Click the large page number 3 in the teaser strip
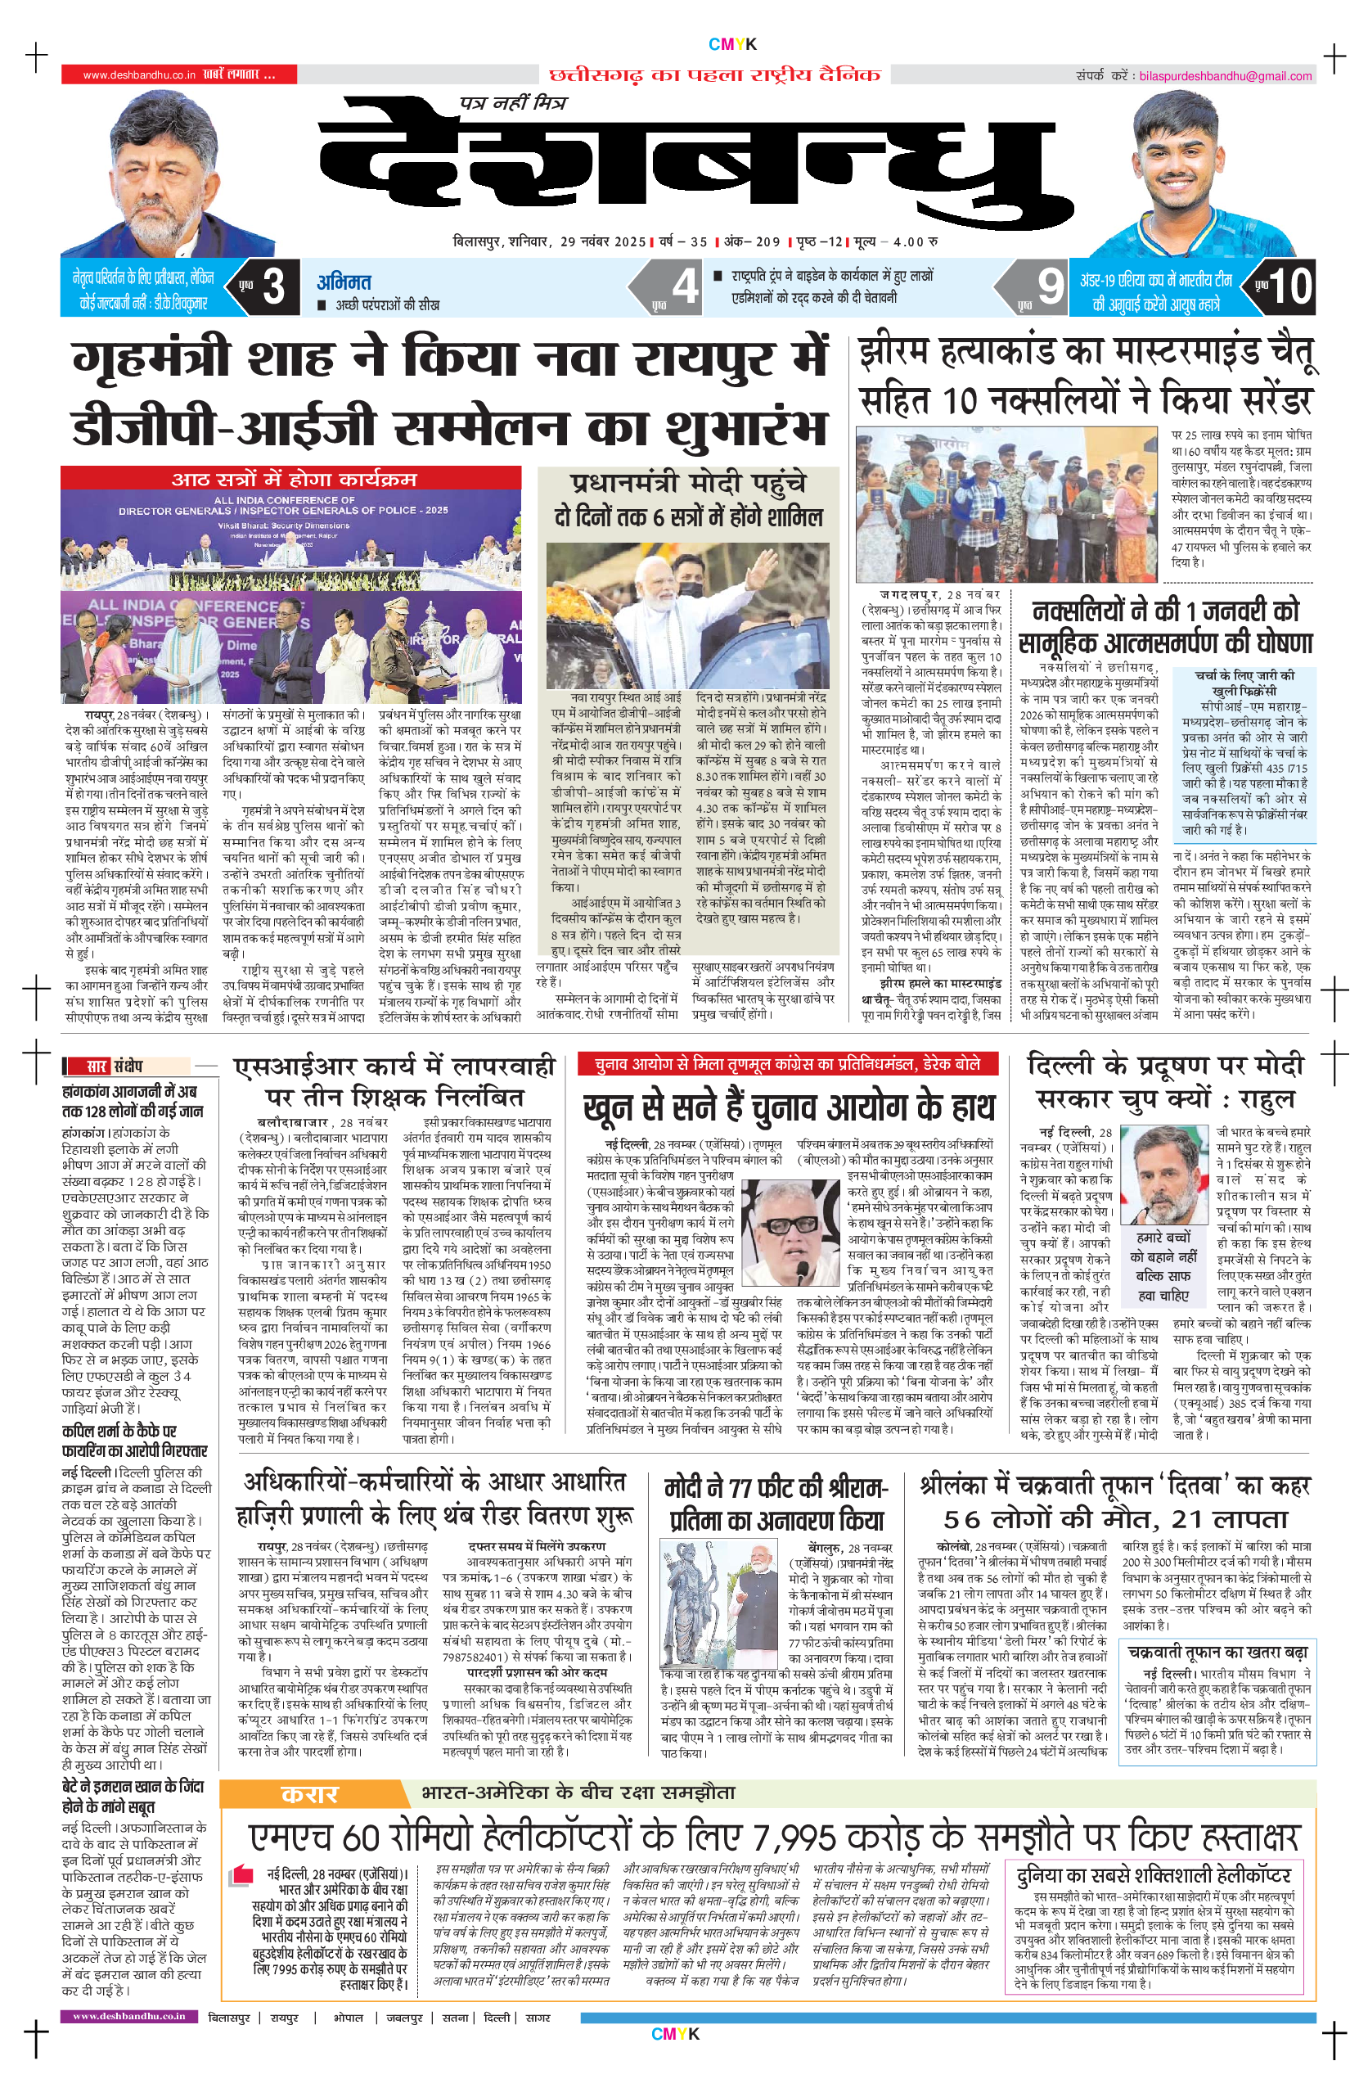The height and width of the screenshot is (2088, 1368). [272, 286]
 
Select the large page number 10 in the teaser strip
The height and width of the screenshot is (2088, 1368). [1289, 286]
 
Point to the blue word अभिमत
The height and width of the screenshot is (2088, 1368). [344, 282]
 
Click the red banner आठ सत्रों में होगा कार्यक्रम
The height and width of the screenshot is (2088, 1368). [293, 478]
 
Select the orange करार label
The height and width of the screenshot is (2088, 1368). [308, 1793]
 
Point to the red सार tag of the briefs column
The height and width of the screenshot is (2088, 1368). [97, 1066]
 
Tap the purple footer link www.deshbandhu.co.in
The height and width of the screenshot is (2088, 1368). [129, 2015]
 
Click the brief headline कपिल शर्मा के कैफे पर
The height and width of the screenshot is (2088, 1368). [119, 1431]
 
